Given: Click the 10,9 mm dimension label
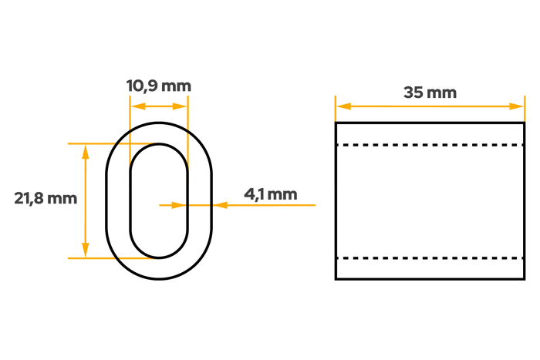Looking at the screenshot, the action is click(159, 86).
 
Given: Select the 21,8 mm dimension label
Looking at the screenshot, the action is click(46, 199).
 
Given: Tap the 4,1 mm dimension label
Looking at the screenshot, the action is click(271, 194).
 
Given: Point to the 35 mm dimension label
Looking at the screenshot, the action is click(430, 93).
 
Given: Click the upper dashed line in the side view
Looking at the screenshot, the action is click(430, 145).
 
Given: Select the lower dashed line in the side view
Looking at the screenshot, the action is click(430, 257).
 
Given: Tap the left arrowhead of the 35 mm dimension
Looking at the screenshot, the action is click(344, 106).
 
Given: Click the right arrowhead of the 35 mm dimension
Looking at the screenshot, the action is click(517, 106).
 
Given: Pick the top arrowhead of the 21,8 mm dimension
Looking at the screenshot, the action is click(86, 152).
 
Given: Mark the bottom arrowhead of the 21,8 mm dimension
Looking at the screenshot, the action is click(86, 250).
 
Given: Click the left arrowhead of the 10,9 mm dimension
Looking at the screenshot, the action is click(138, 106).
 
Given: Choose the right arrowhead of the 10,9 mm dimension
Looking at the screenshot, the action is click(180, 106).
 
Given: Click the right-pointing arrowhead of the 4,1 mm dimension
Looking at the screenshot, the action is click(179, 205).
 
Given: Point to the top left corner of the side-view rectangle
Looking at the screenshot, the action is click(336, 123).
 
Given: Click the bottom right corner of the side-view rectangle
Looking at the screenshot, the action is click(525, 279).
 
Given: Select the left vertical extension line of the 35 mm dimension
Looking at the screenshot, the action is click(336, 109).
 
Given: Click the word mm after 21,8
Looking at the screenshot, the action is click(62, 199).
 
